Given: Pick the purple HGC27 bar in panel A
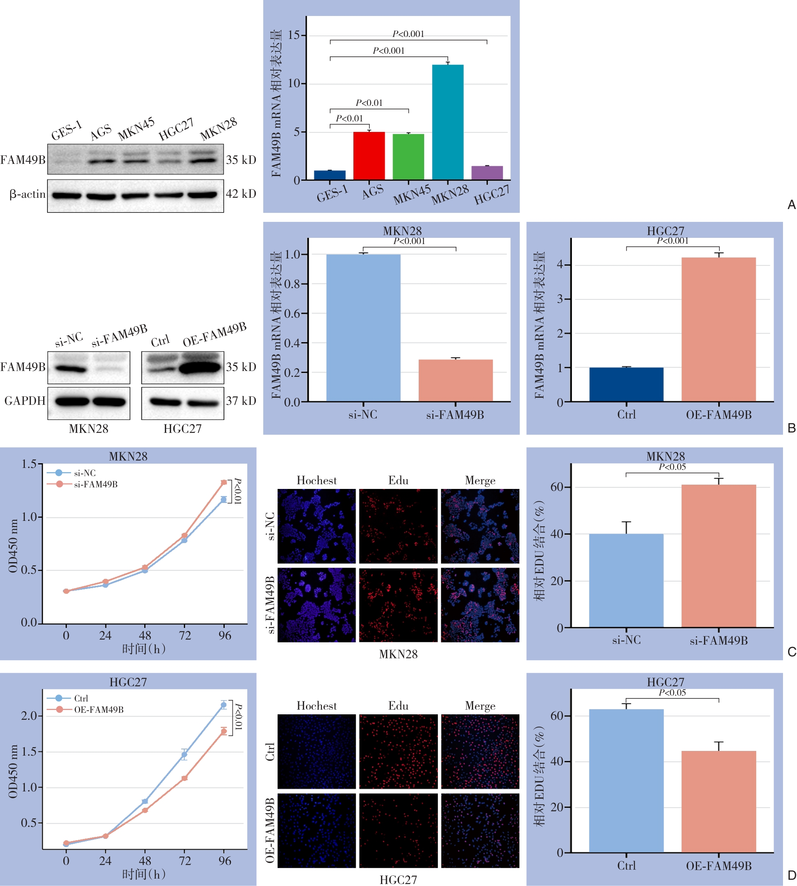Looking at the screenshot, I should tap(487, 173).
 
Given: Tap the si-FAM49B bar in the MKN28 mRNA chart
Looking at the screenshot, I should tap(455, 380).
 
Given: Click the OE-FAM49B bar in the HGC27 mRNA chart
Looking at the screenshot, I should tap(718, 329).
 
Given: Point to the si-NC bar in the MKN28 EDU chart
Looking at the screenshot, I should tap(626, 580).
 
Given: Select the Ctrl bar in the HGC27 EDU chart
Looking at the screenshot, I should tap(626, 781).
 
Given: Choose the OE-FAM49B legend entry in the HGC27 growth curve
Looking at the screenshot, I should tap(98, 710).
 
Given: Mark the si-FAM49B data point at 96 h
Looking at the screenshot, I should tap(224, 482).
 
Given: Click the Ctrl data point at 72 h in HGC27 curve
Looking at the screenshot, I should tap(184, 755).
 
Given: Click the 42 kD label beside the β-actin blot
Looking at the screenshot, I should tap(241, 194).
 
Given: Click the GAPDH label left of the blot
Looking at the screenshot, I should tap(25, 401).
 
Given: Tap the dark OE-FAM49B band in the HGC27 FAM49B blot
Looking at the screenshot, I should tap(200, 367).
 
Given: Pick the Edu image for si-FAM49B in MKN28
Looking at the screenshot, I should tap(398, 605).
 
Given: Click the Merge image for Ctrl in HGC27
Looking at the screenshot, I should tap(480, 751).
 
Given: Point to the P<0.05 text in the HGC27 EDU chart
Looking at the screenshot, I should tap(672, 693).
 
